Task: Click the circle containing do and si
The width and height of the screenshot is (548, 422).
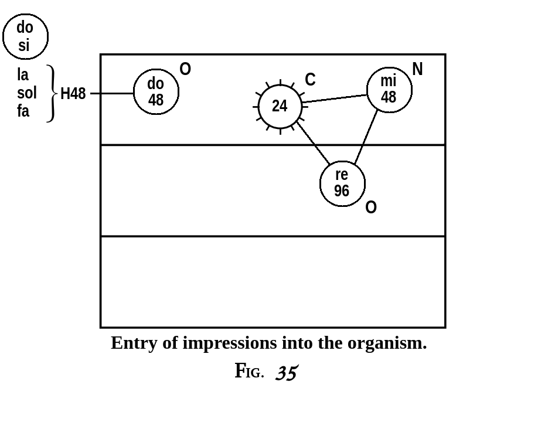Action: click(25, 36)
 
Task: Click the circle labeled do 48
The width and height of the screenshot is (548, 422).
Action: click(156, 92)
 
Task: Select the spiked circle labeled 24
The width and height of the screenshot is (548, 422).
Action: click(280, 107)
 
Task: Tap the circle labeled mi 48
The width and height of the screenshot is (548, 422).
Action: click(389, 90)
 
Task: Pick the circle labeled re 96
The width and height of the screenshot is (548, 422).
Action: click(342, 183)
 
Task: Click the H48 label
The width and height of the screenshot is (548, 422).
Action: click(73, 94)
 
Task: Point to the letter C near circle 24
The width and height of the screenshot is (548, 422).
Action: click(310, 80)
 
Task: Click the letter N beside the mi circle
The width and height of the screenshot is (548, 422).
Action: click(417, 70)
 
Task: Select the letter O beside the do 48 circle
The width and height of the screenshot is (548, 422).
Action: click(185, 70)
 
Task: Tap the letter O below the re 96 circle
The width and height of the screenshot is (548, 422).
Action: click(371, 207)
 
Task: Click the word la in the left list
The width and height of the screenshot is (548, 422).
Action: click(23, 75)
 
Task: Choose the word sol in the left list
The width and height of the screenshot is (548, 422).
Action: click(26, 93)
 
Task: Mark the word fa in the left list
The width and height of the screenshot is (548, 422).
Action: click(23, 111)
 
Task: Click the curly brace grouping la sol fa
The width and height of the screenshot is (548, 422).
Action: click(52, 93)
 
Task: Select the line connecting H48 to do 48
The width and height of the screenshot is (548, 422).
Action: click(112, 93)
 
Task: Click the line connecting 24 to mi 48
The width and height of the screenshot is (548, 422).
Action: click(334, 98)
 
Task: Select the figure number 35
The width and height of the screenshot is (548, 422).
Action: click(287, 372)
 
